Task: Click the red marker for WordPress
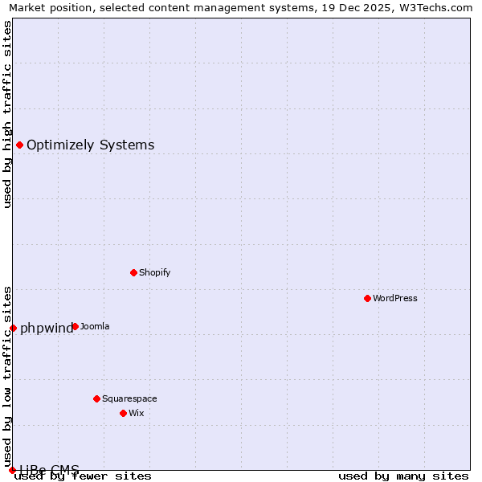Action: tap(367, 298)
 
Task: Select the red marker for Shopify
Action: tap(133, 272)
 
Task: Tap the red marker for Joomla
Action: tap(75, 326)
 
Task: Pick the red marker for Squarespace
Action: tap(96, 398)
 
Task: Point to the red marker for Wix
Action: tap(123, 413)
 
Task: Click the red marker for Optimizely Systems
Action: tap(19, 145)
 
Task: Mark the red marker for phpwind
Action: tap(13, 328)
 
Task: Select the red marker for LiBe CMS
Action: tap(12, 470)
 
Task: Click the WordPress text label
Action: tap(395, 298)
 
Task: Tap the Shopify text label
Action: tap(155, 272)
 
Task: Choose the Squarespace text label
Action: tap(129, 398)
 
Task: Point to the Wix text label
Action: tap(137, 413)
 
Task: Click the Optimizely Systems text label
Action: tap(91, 145)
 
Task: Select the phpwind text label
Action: tap(46, 328)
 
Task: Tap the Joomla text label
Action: tap(95, 326)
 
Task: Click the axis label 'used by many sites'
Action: tap(403, 476)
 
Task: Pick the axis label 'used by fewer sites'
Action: tap(84, 476)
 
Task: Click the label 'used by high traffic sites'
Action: tap(7, 114)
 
